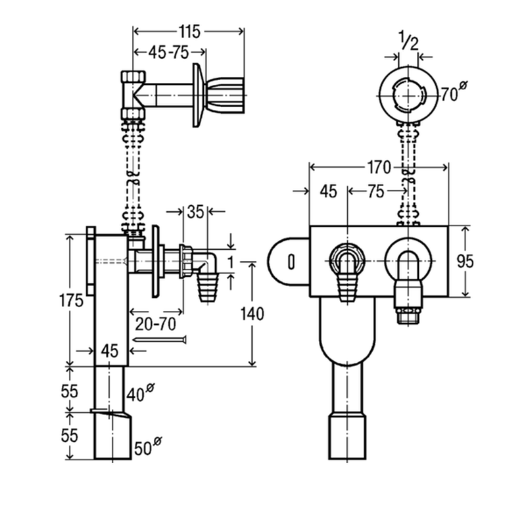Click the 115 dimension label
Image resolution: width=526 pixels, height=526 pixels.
pos(189,31)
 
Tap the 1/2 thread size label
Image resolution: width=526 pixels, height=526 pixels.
pos(408,43)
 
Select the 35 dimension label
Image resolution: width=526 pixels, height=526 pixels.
pos(195,212)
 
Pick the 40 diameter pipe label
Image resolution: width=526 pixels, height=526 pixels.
pos(139,394)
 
